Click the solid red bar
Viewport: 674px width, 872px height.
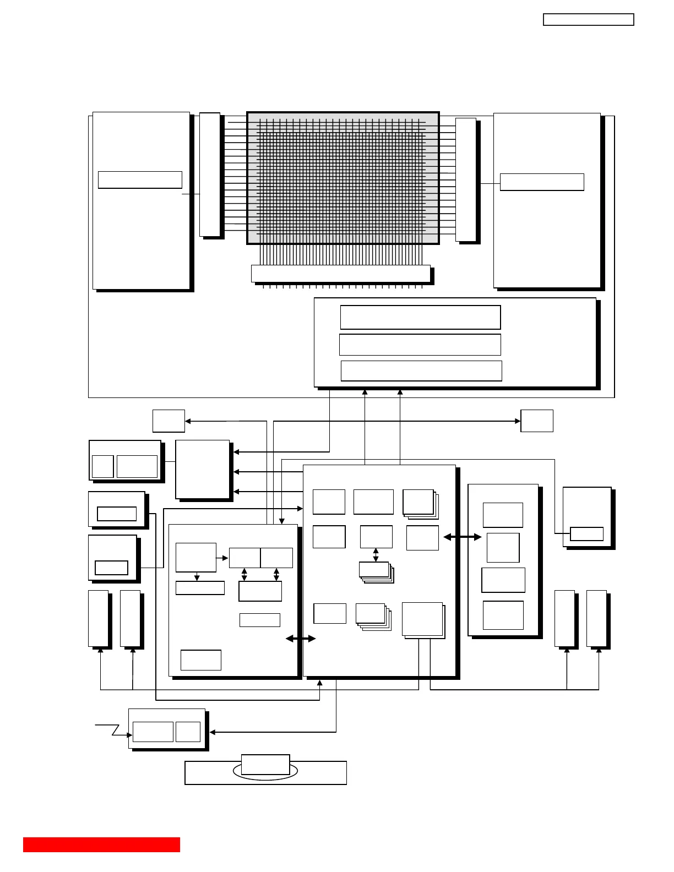[x=101, y=844]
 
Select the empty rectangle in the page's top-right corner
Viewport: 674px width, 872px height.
[x=588, y=20]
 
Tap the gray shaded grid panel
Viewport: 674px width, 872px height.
[x=343, y=178]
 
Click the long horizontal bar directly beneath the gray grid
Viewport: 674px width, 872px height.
[x=340, y=274]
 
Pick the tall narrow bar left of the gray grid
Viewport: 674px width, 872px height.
[x=209, y=175]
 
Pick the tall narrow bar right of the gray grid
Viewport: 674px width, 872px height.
[x=465, y=179]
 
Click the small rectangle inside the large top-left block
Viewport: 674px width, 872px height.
[x=140, y=180]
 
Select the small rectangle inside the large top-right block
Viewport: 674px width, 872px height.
[x=542, y=182]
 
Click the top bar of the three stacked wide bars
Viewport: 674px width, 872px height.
[x=420, y=318]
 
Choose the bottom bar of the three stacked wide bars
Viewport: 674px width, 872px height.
[x=421, y=371]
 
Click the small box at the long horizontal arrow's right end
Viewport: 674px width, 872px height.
[x=536, y=421]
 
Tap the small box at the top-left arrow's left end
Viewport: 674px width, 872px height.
[x=168, y=421]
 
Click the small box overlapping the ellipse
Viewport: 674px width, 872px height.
[x=265, y=764]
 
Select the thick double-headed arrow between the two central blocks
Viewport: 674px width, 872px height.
[x=301, y=639]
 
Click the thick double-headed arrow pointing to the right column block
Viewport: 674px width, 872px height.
[x=463, y=537]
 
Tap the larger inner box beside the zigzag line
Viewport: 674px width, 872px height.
[x=153, y=732]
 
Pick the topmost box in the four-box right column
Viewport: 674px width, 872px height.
[x=503, y=515]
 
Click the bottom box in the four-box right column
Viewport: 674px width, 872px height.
[x=503, y=615]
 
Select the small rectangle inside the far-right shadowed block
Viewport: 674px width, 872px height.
[x=586, y=534]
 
